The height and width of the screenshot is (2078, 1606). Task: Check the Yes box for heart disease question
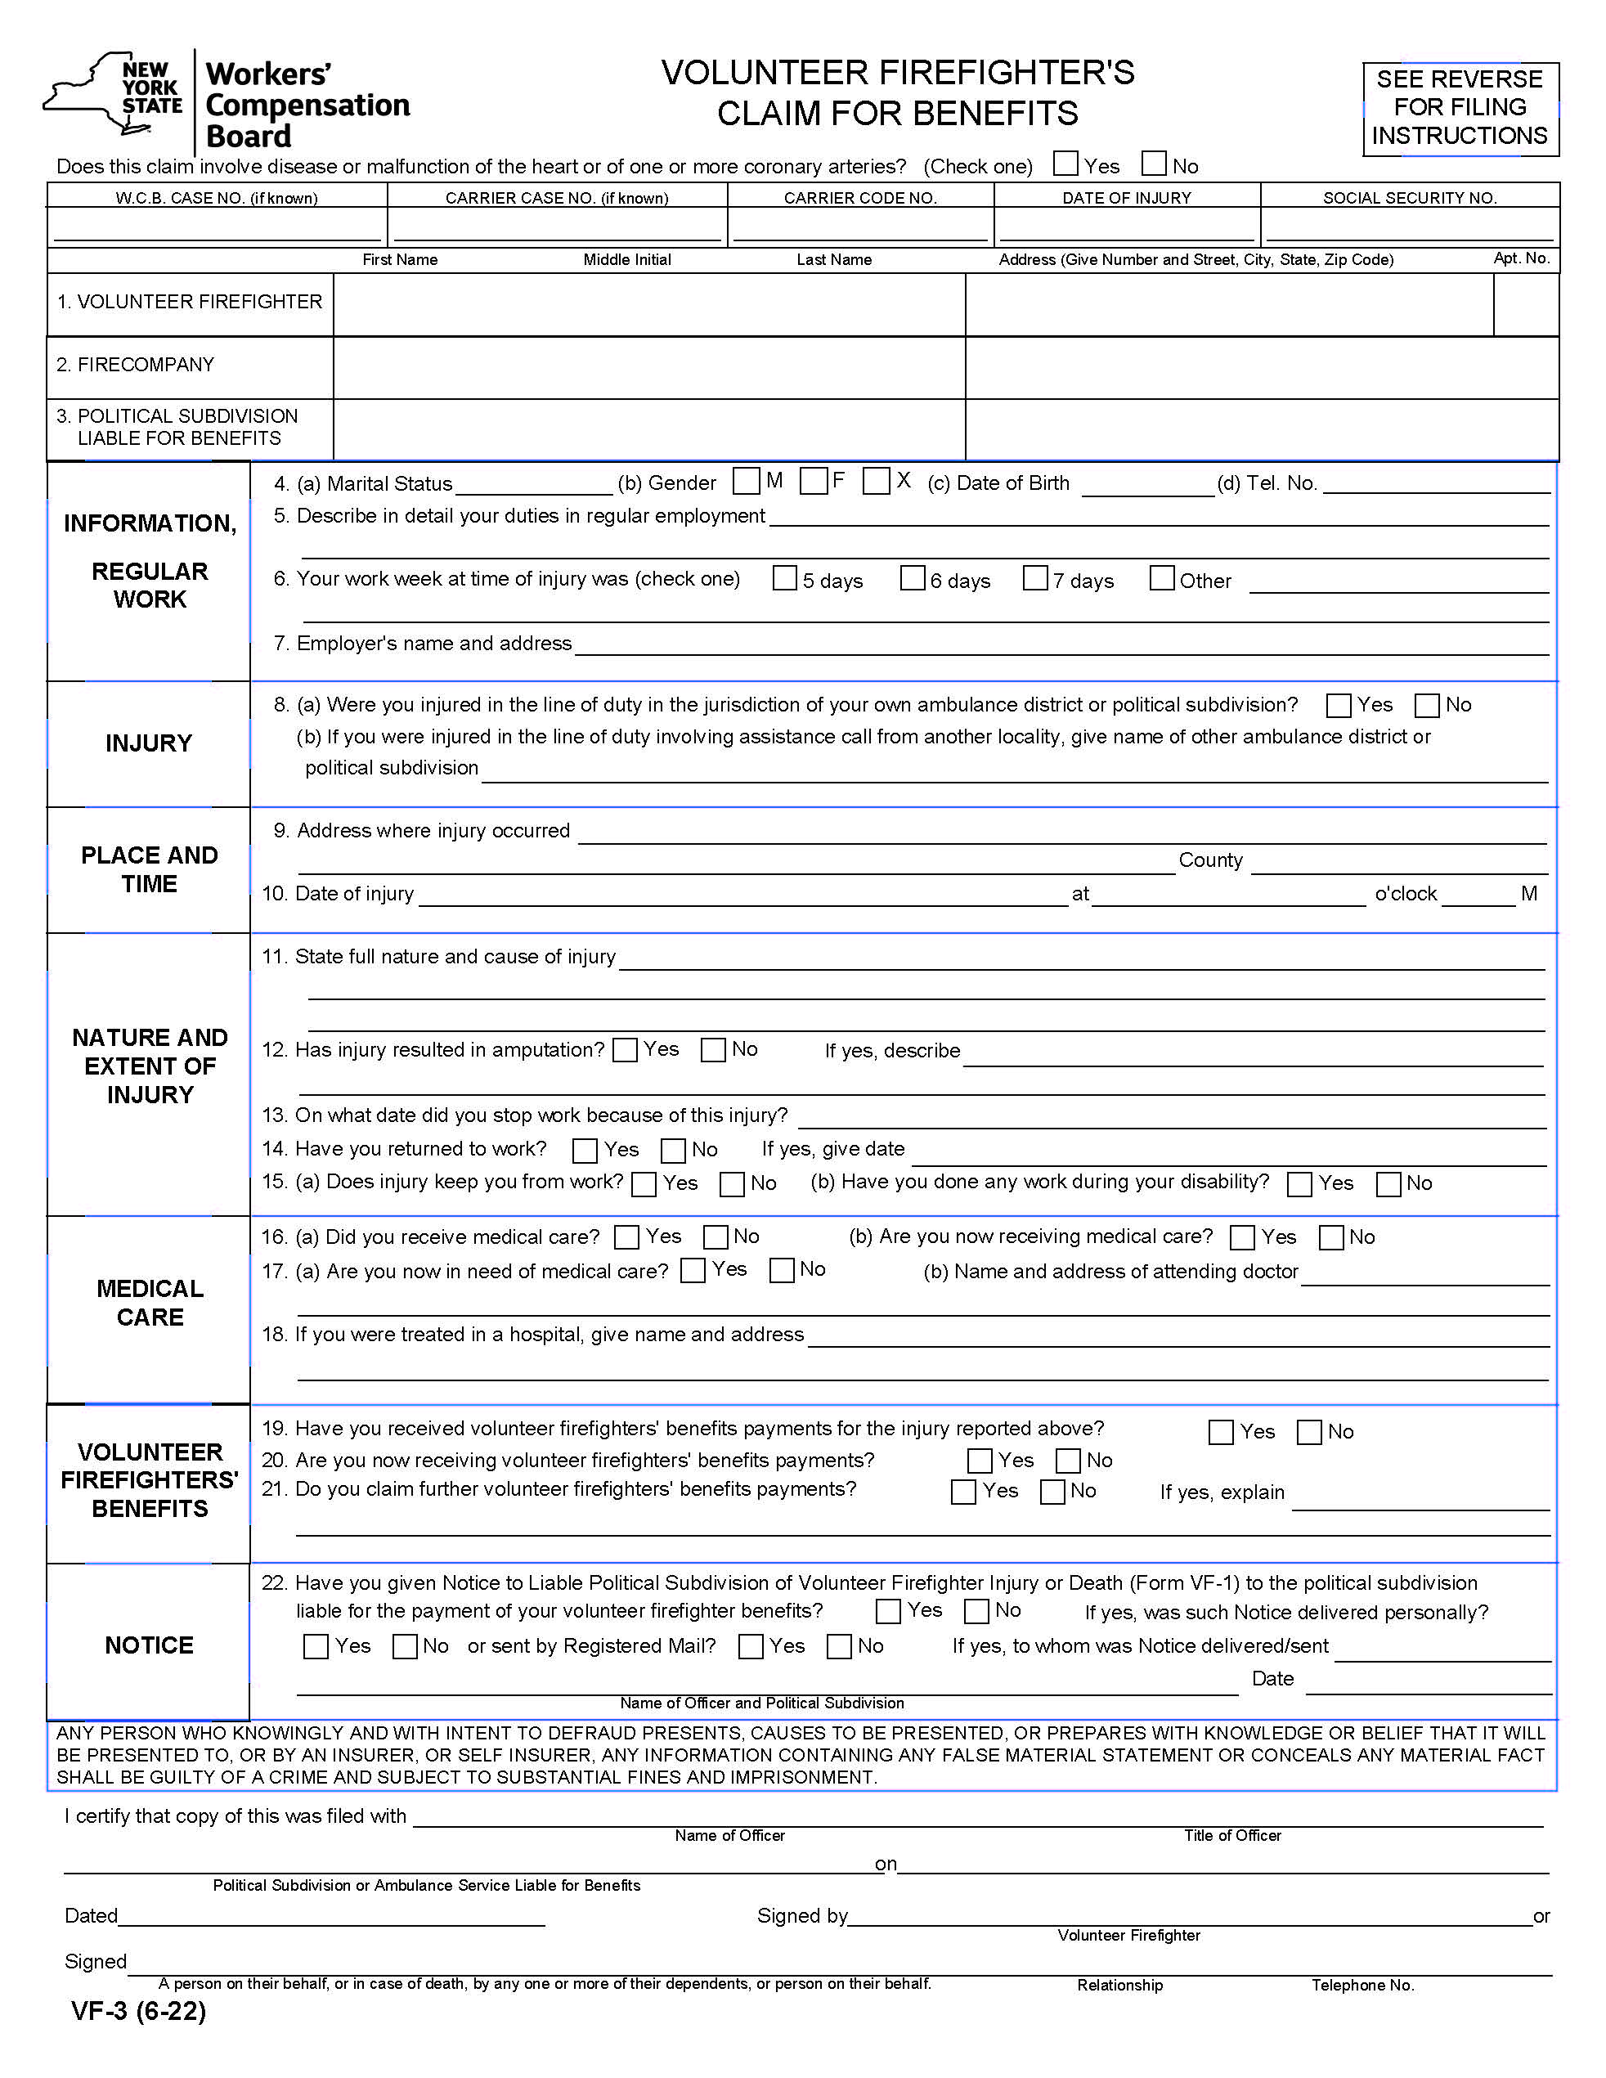(1065, 164)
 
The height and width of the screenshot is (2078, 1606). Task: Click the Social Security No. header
(1409, 198)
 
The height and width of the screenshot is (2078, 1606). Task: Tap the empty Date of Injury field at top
(1127, 227)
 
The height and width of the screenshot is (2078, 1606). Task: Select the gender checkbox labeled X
(875, 482)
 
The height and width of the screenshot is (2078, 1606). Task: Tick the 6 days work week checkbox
(913, 578)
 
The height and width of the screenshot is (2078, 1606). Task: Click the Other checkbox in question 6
(1162, 578)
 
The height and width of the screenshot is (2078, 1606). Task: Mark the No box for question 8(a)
(1426, 705)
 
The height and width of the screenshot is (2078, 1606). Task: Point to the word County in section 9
(1210, 860)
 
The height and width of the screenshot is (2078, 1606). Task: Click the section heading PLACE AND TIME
(150, 869)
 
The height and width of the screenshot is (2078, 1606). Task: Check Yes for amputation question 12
(625, 1050)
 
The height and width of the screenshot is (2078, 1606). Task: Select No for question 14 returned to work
(674, 1151)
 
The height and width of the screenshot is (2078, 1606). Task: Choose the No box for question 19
(1309, 1432)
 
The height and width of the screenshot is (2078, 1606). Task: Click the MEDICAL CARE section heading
(150, 1303)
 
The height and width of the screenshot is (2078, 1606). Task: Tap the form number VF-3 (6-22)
(139, 2010)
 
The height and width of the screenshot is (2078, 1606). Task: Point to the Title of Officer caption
(1232, 1835)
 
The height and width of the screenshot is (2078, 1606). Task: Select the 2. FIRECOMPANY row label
(135, 365)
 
